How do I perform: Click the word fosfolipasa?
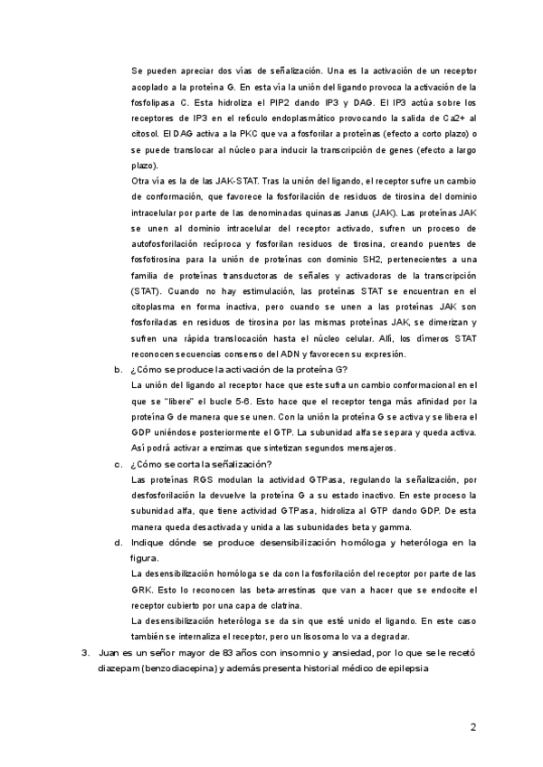click(x=155, y=102)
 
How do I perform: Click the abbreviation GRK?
click(x=141, y=590)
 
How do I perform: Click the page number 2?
click(x=472, y=726)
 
